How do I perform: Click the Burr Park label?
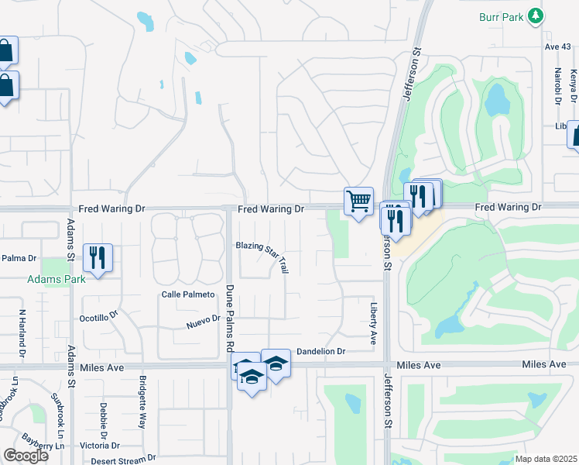(499, 15)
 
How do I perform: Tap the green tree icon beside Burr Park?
(535, 15)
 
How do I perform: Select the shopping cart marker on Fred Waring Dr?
(358, 201)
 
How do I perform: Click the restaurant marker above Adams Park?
(98, 257)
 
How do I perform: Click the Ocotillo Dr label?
(98, 318)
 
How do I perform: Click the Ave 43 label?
(556, 46)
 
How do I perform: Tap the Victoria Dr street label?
(100, 446)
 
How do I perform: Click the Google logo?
(26, 455)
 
